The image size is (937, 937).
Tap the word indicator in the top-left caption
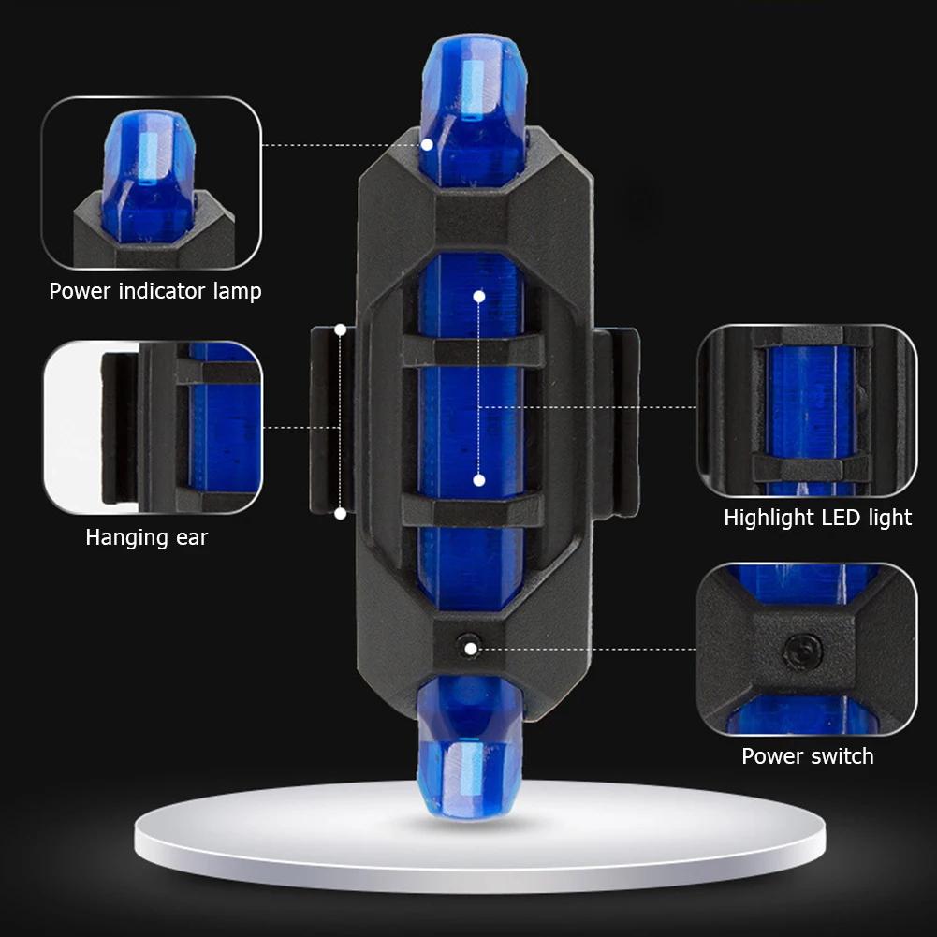tap(162, 291)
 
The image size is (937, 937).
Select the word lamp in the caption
tap(237, 292)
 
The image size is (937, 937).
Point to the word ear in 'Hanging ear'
tap(192, 538)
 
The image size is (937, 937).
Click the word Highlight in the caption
tap(769, 518)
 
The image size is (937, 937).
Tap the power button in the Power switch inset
tap(802, 651)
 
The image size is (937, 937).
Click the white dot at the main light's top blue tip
tap(427, 144)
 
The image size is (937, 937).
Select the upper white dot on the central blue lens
tap(478, 296)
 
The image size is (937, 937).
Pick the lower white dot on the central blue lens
tap(478, 480)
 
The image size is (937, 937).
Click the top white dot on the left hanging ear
tap(341, 329)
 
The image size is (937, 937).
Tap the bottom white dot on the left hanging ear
tap(341, 513)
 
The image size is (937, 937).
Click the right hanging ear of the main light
tap(616, 422)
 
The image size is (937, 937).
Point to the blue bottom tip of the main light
tap(470, 750)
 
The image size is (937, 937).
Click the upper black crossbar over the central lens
tap(474, 351)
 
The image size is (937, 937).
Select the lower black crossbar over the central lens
tap(474, 510)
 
